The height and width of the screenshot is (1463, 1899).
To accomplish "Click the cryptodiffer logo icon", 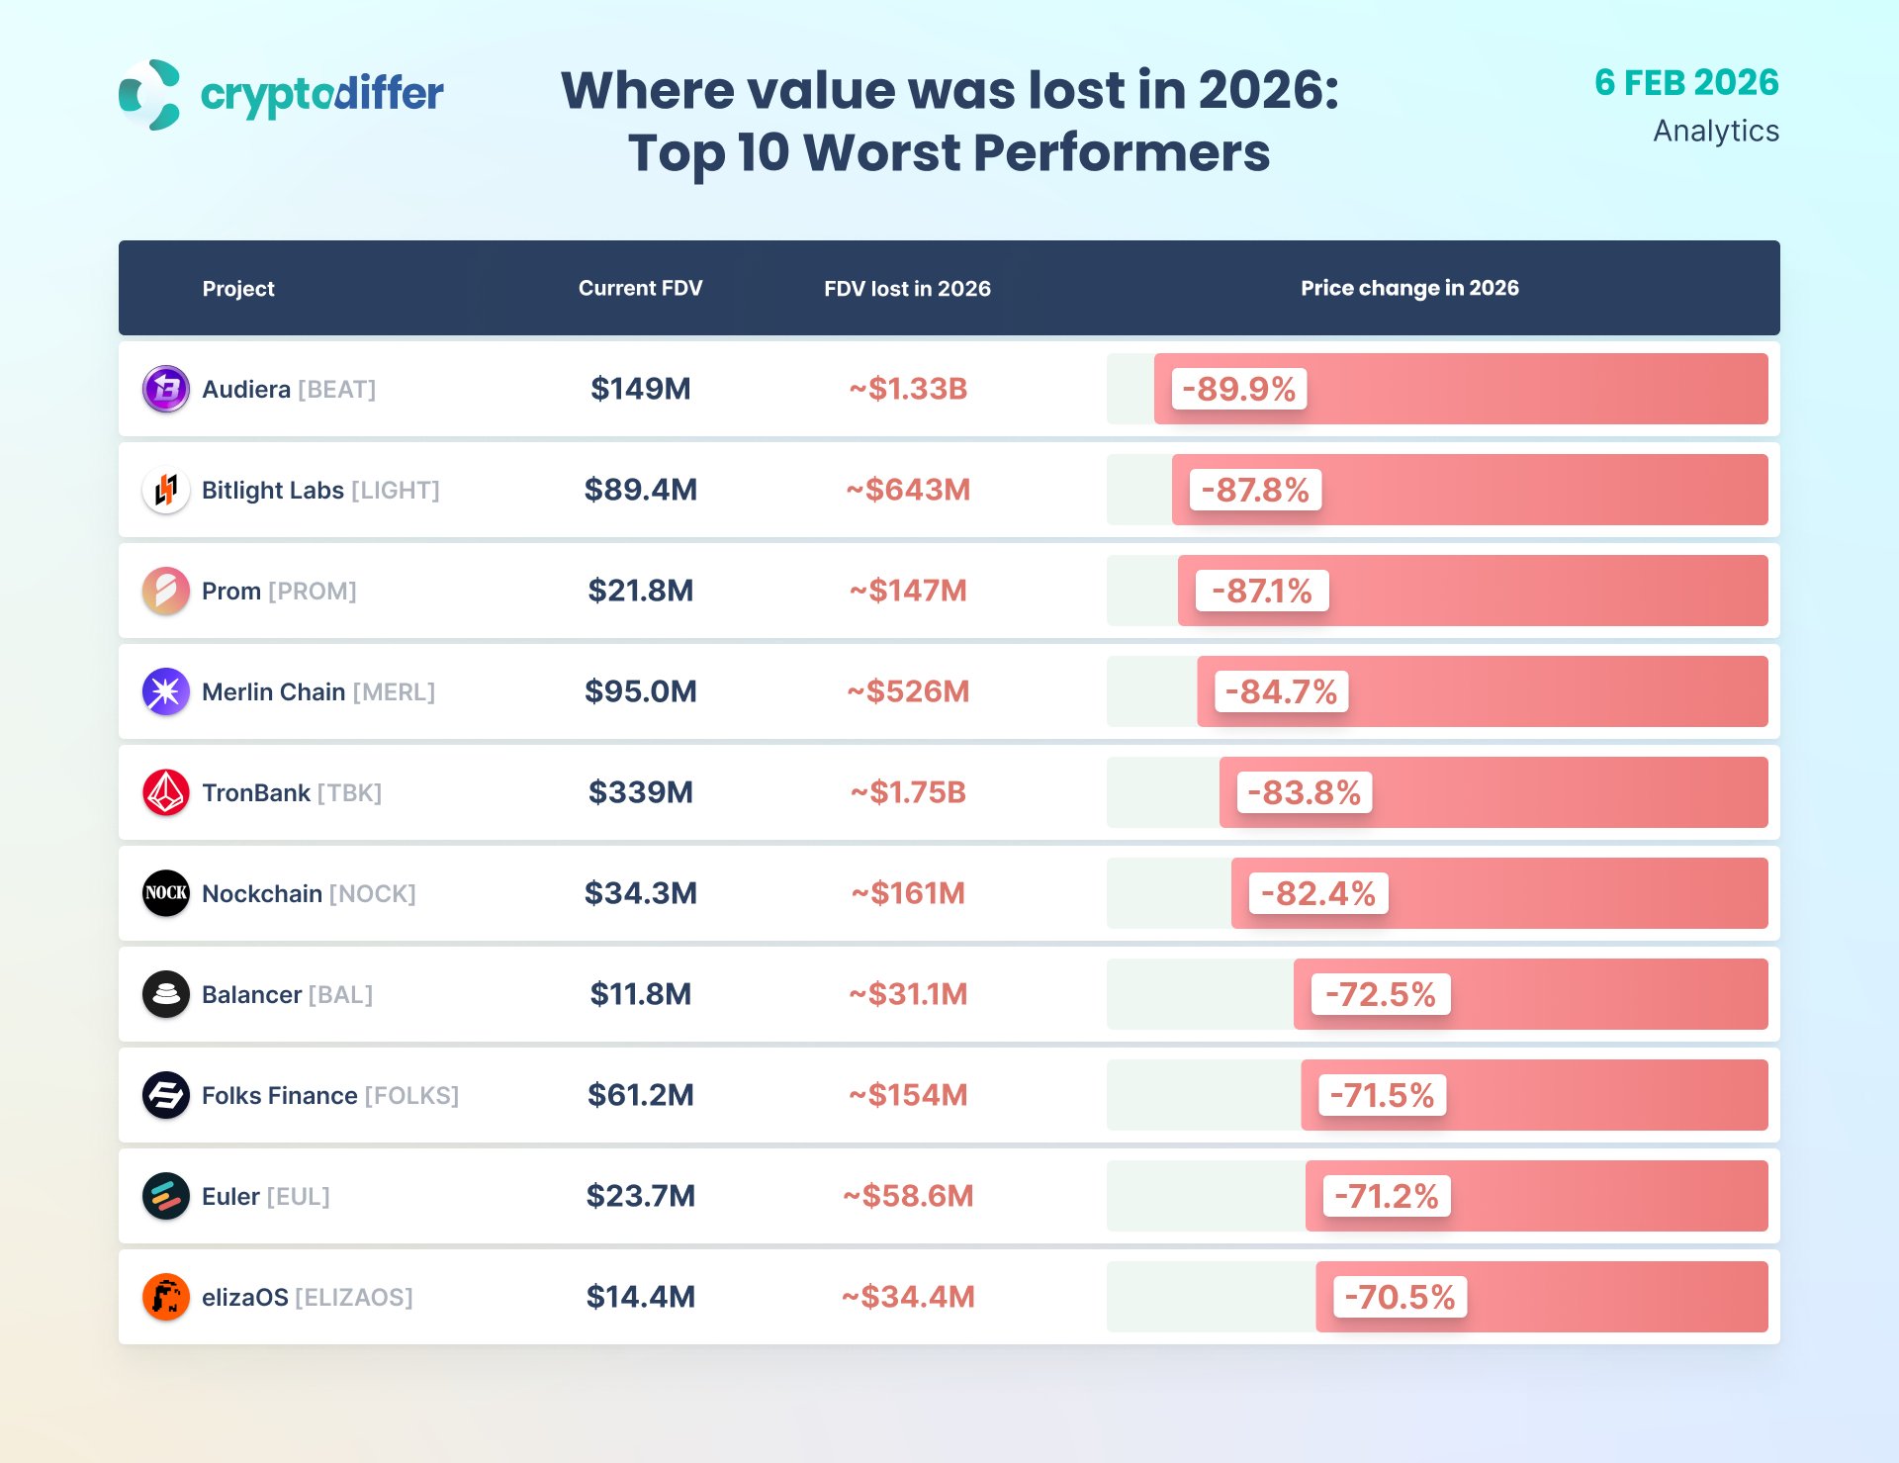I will point(149,95).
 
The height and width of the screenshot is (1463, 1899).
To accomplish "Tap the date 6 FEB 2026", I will point(1686,83).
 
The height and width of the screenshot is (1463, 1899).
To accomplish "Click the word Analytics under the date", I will point(1715,132).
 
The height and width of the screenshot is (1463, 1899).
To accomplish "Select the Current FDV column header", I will point(640,288).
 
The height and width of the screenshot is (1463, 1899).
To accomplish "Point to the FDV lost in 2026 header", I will point(907,289).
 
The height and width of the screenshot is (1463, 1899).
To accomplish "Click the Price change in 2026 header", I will point(1409,288).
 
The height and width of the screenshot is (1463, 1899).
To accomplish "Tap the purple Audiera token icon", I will point(166,389).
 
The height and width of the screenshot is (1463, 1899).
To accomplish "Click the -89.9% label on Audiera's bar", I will point(1238,389).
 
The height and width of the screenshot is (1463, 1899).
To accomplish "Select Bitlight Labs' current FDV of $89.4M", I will point(640,490).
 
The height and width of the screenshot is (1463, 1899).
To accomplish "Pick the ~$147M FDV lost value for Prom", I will point(908,591).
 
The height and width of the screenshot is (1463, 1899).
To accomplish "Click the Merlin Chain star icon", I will point(166,691).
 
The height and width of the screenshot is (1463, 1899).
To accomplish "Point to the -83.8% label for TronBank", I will point(1304,792).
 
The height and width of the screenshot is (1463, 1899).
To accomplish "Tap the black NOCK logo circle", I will point(166,893).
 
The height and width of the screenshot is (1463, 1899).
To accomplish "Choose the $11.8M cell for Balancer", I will point(640,994).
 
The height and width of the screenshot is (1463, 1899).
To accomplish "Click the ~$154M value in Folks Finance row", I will point(908,1095).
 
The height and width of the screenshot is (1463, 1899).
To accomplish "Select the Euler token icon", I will point(166,1196).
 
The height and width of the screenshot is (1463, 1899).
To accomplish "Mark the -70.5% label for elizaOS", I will point(1400,1297).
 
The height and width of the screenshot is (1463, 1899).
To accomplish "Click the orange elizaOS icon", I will point(166,1297).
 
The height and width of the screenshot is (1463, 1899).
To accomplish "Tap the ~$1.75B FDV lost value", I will point(908,792).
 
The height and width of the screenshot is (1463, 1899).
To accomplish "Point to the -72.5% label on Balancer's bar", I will point(1380,994).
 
